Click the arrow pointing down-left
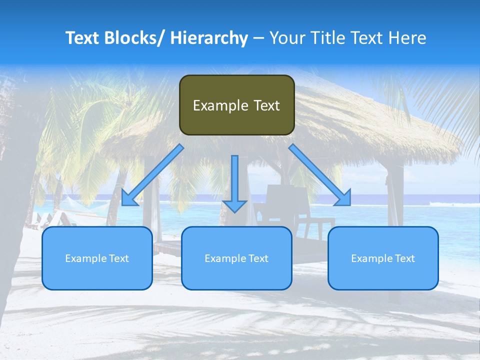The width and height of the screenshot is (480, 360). [152, 175]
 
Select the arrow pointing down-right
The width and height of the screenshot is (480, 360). [320, 175]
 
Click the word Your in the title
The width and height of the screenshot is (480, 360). [286, 38]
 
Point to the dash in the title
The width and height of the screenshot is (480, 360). [258, 38]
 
